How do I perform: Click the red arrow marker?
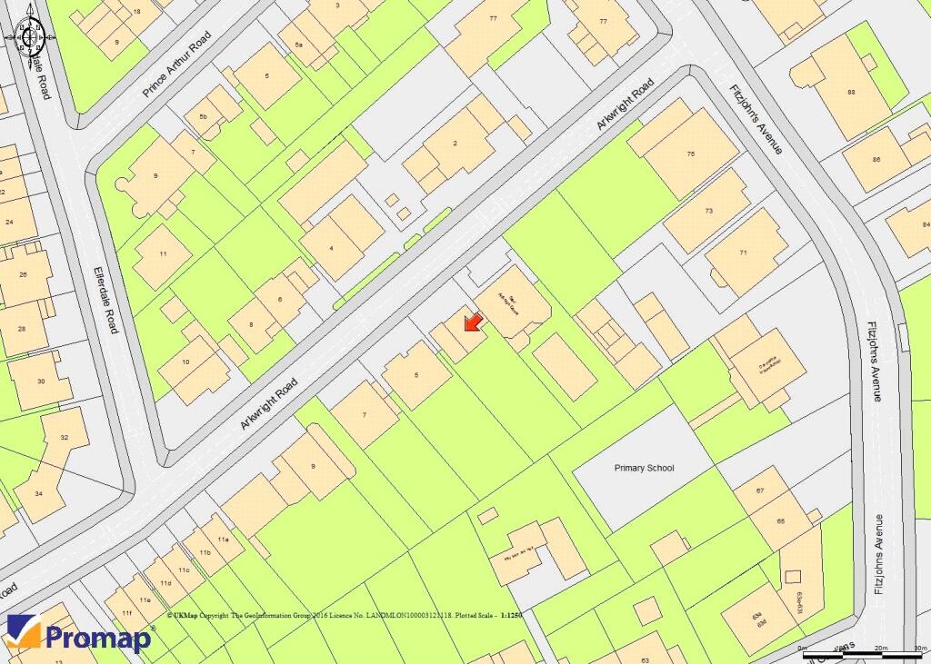point(472,322)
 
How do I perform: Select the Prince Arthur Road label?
point(176,64)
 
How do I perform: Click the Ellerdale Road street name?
point(105,299)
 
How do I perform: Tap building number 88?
point(851,92)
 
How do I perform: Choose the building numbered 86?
point(876,160)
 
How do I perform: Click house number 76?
point(691,155)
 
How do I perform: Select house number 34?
point(38,493)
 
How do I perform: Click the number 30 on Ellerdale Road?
point(41,381)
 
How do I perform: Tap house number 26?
point(24,274)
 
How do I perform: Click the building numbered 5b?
point(204,117)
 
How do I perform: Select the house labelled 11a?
point(219,539)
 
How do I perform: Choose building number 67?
point(762,491)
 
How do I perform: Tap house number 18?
point(136,12)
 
